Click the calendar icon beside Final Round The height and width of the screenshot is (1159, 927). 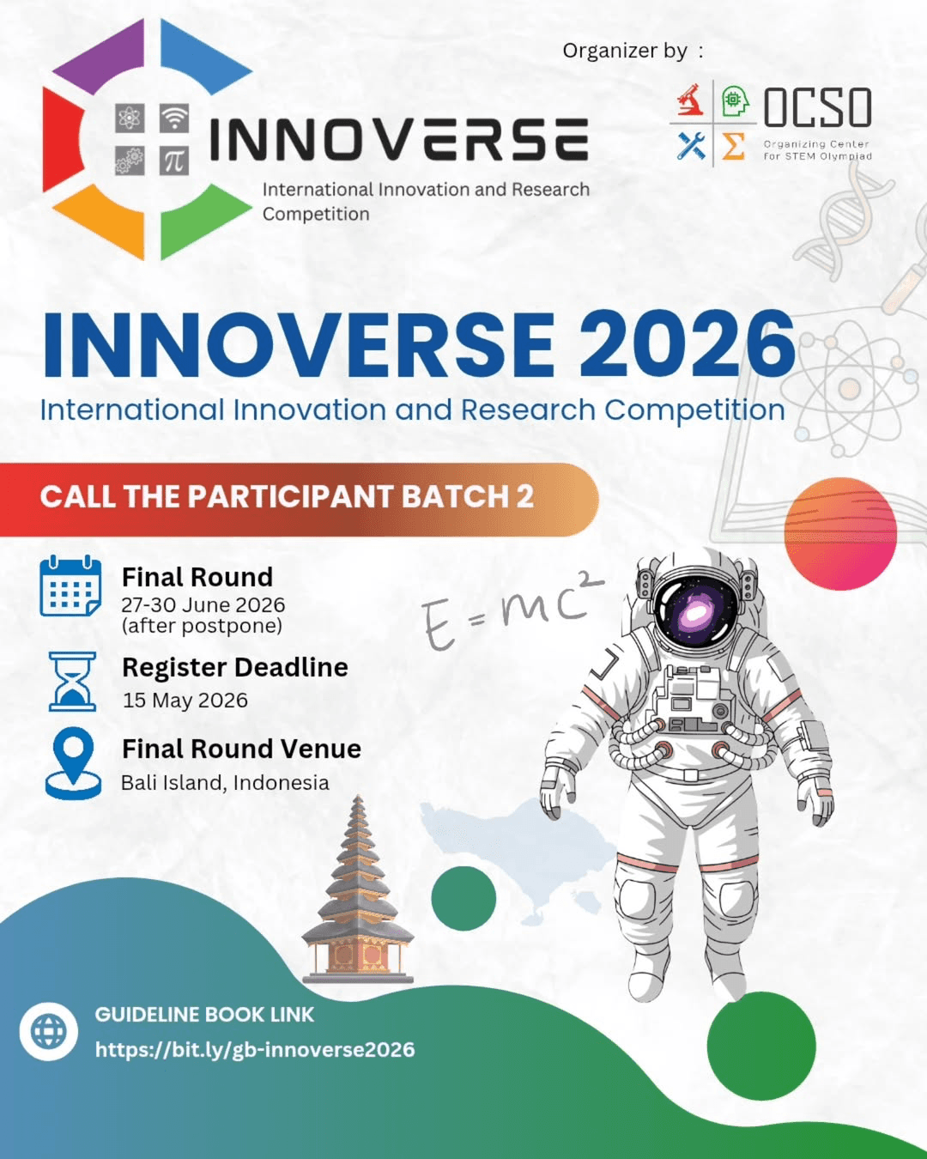(70, 587)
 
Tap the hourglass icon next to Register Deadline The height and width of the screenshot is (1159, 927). (72, 682)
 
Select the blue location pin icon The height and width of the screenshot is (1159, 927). (73, 762)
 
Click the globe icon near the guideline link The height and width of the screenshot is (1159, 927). (49, 1031)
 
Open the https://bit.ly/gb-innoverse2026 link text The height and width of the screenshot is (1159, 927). (255, 1050)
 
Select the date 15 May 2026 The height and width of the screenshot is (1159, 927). (185, 701)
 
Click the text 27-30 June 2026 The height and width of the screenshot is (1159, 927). (203, 605)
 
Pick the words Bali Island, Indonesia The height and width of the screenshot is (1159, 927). (225, 783)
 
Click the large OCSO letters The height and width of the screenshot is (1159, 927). (817, 108)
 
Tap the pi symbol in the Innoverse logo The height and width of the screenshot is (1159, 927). (174, 161)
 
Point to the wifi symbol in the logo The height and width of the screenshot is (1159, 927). (174, 118)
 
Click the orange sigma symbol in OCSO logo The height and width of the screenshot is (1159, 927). (733, 147)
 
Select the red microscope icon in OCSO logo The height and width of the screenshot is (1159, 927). (690, 100)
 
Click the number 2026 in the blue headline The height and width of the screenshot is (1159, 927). (692, 344)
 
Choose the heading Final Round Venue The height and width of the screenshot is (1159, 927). (241, 749)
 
